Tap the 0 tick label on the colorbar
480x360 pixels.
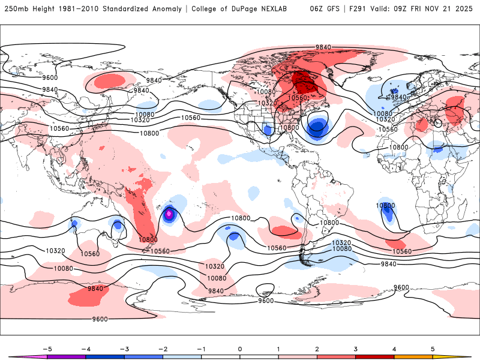point(240,348)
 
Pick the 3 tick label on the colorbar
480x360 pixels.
point(355,348)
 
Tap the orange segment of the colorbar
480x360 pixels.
point(413,356)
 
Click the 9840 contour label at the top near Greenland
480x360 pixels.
point(323,47)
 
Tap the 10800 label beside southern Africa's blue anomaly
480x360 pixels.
point(386,206)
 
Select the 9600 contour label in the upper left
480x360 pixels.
point(50,77)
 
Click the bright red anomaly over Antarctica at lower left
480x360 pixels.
point(87,296)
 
